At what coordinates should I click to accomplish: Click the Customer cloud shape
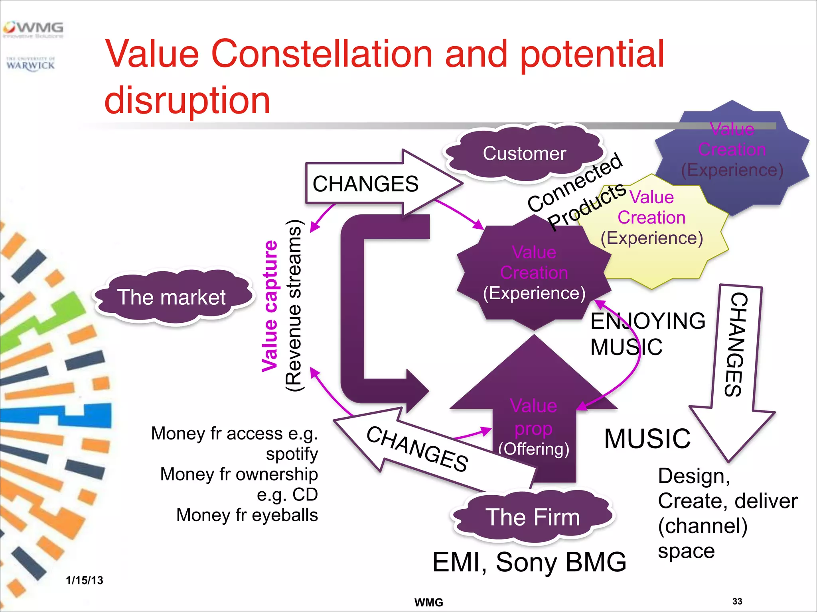click(524, 154)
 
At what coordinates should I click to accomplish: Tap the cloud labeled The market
click(172, 297)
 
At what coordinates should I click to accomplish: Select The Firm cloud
click(532, 517)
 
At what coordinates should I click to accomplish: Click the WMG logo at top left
click(34, 29)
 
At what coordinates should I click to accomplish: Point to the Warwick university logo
click(30, 64)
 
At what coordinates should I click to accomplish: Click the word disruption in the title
click(187, 100)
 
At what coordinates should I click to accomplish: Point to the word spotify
click(292, 454)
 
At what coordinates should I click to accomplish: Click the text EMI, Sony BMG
click(529, 562)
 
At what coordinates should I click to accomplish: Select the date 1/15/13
click(85, 580)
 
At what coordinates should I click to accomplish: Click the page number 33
click(737, 601)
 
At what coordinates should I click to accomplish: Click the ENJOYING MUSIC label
click(647, 334)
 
